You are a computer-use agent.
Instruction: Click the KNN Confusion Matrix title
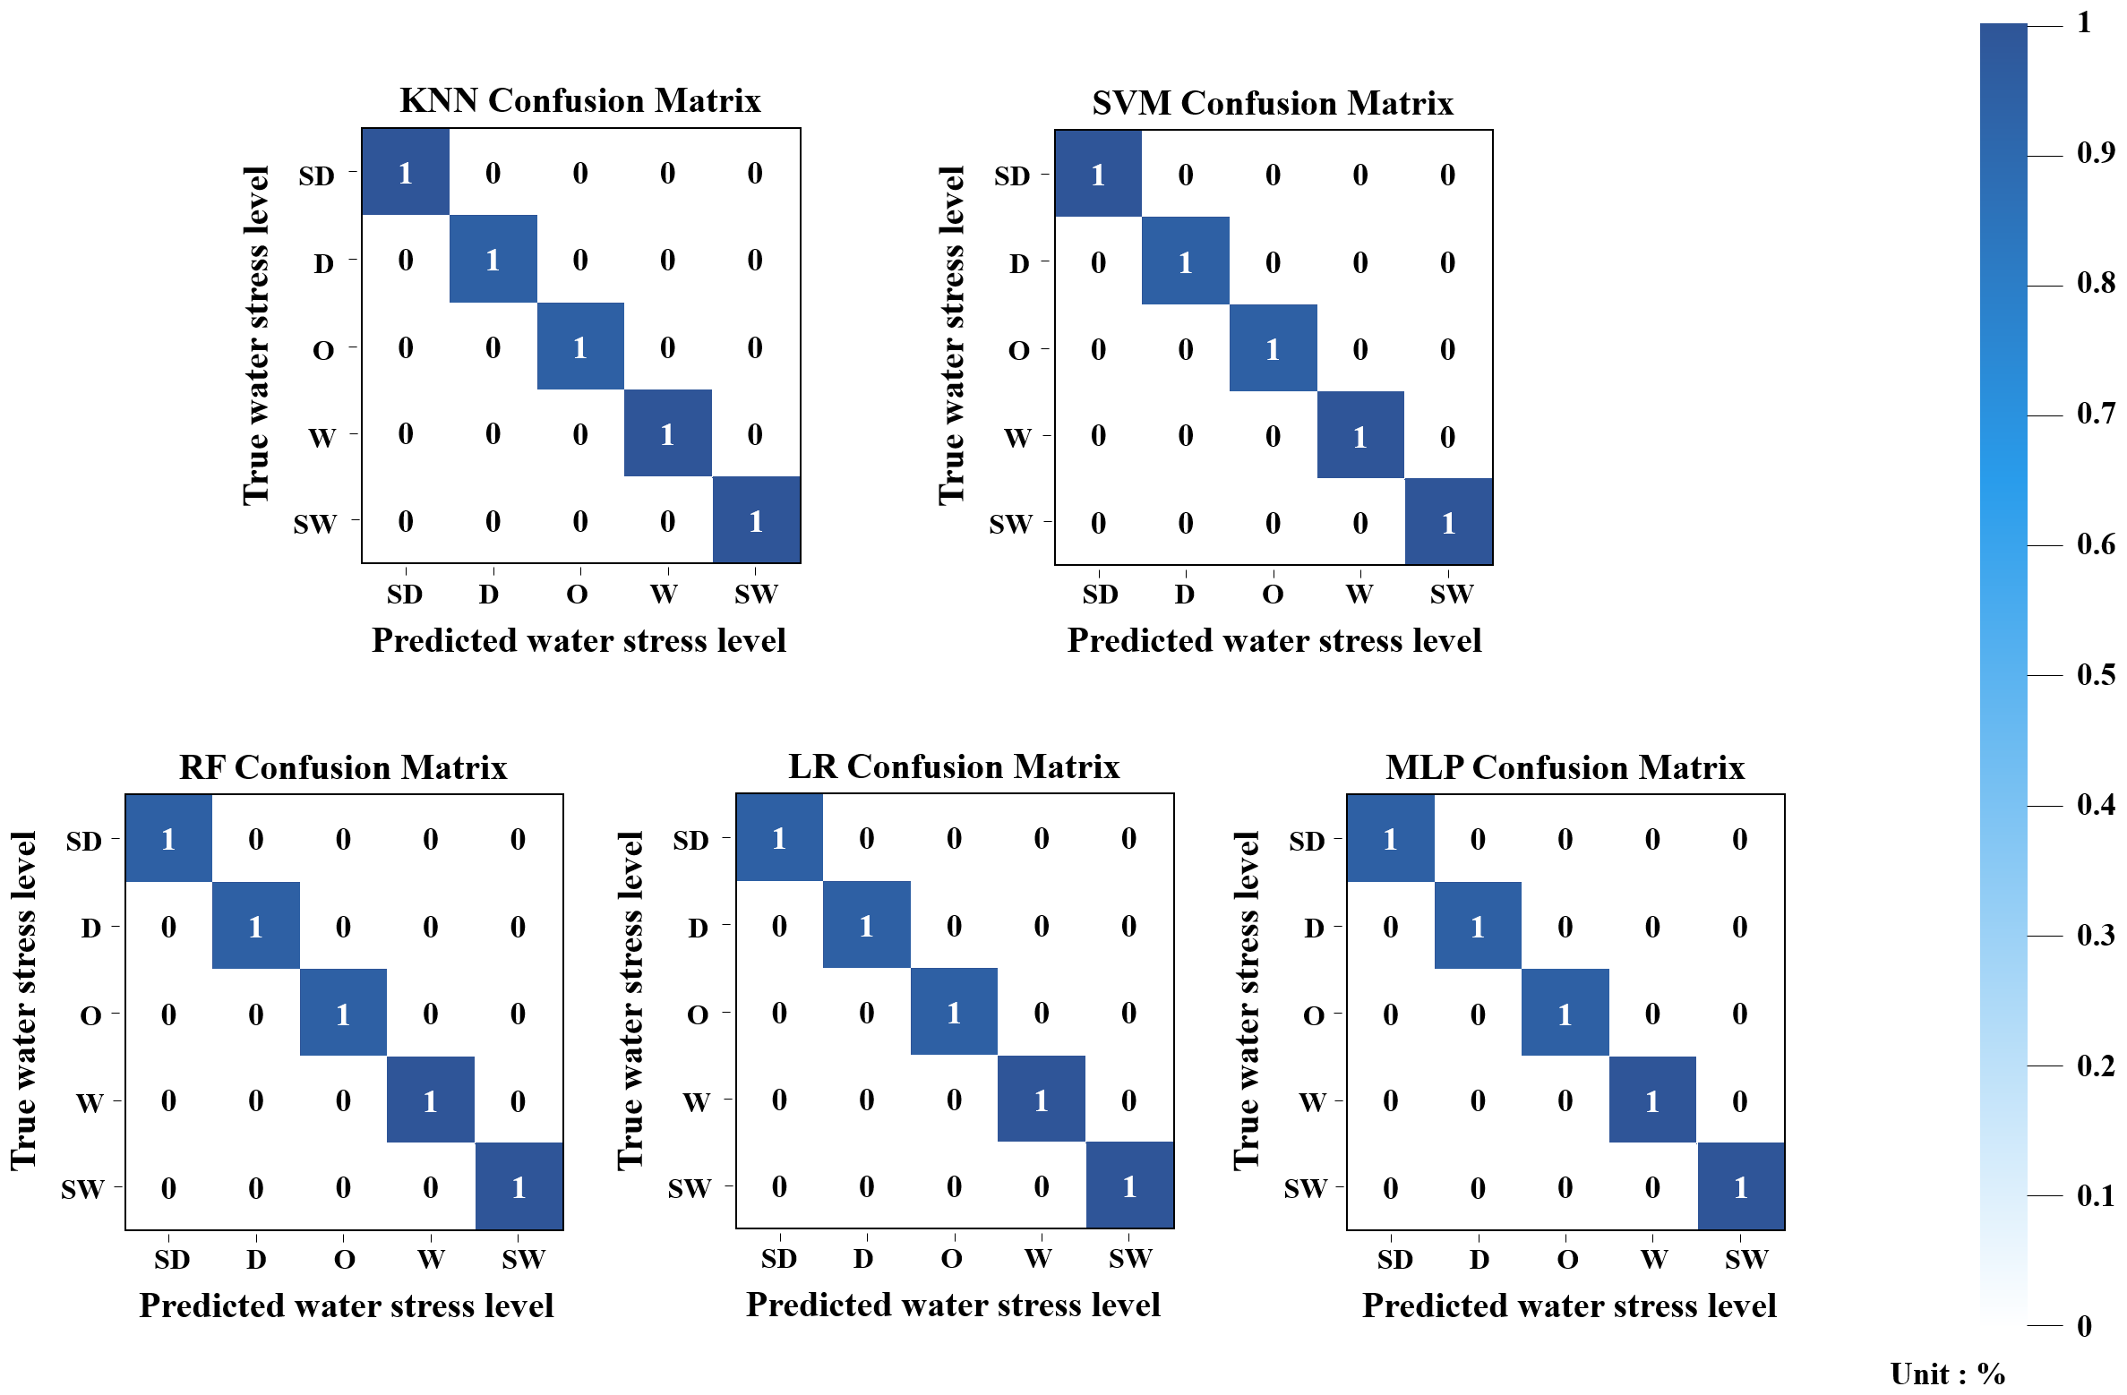pyautogui.click(x=579, y=100)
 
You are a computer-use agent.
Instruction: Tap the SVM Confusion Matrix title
pyautogui.click(x=1272, y=103)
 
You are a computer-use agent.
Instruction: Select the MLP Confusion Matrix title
pyautogui.click(x=1565, y=767)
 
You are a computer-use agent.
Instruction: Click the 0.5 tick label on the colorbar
pyautogui.click(x=2096, y=675)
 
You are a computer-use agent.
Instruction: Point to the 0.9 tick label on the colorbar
pyautogui.click(x=2096, y=153)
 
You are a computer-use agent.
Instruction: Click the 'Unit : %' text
pyautogui.click(x=1947, y=1374)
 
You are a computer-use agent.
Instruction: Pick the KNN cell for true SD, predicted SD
pyautogui.click(x=406, y=172)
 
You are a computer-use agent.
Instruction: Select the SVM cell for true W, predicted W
pyautogui.click(x=1359, y=436)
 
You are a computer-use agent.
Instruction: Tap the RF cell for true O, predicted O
pyautogui.click(x=343, y=1013)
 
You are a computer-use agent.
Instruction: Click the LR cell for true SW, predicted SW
pyautogui.click(x=1129, y=1185)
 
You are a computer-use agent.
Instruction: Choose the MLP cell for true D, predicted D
pyautogui.click(x=1477, y=926)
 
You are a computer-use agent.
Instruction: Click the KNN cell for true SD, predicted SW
pyautogui.click(x=755, y=172)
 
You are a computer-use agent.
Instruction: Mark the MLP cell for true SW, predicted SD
pyautogui.click(x=1390, y=1187)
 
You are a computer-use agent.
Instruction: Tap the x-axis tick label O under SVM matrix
pyautogui.click(x=1273, y=595)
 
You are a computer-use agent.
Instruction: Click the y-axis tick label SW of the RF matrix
pyautogui.click(x=82, y=1189)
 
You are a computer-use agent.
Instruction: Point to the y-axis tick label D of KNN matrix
pyautogui.click(x=323, y=263)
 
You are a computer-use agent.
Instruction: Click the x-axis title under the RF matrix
pyautogui.click(x=346, y=1305)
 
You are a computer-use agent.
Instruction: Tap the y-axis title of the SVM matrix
pyautogui.click(x=951, y=336)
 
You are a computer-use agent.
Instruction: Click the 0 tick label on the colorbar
pyautogui.click(x=2084, y=1326)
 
